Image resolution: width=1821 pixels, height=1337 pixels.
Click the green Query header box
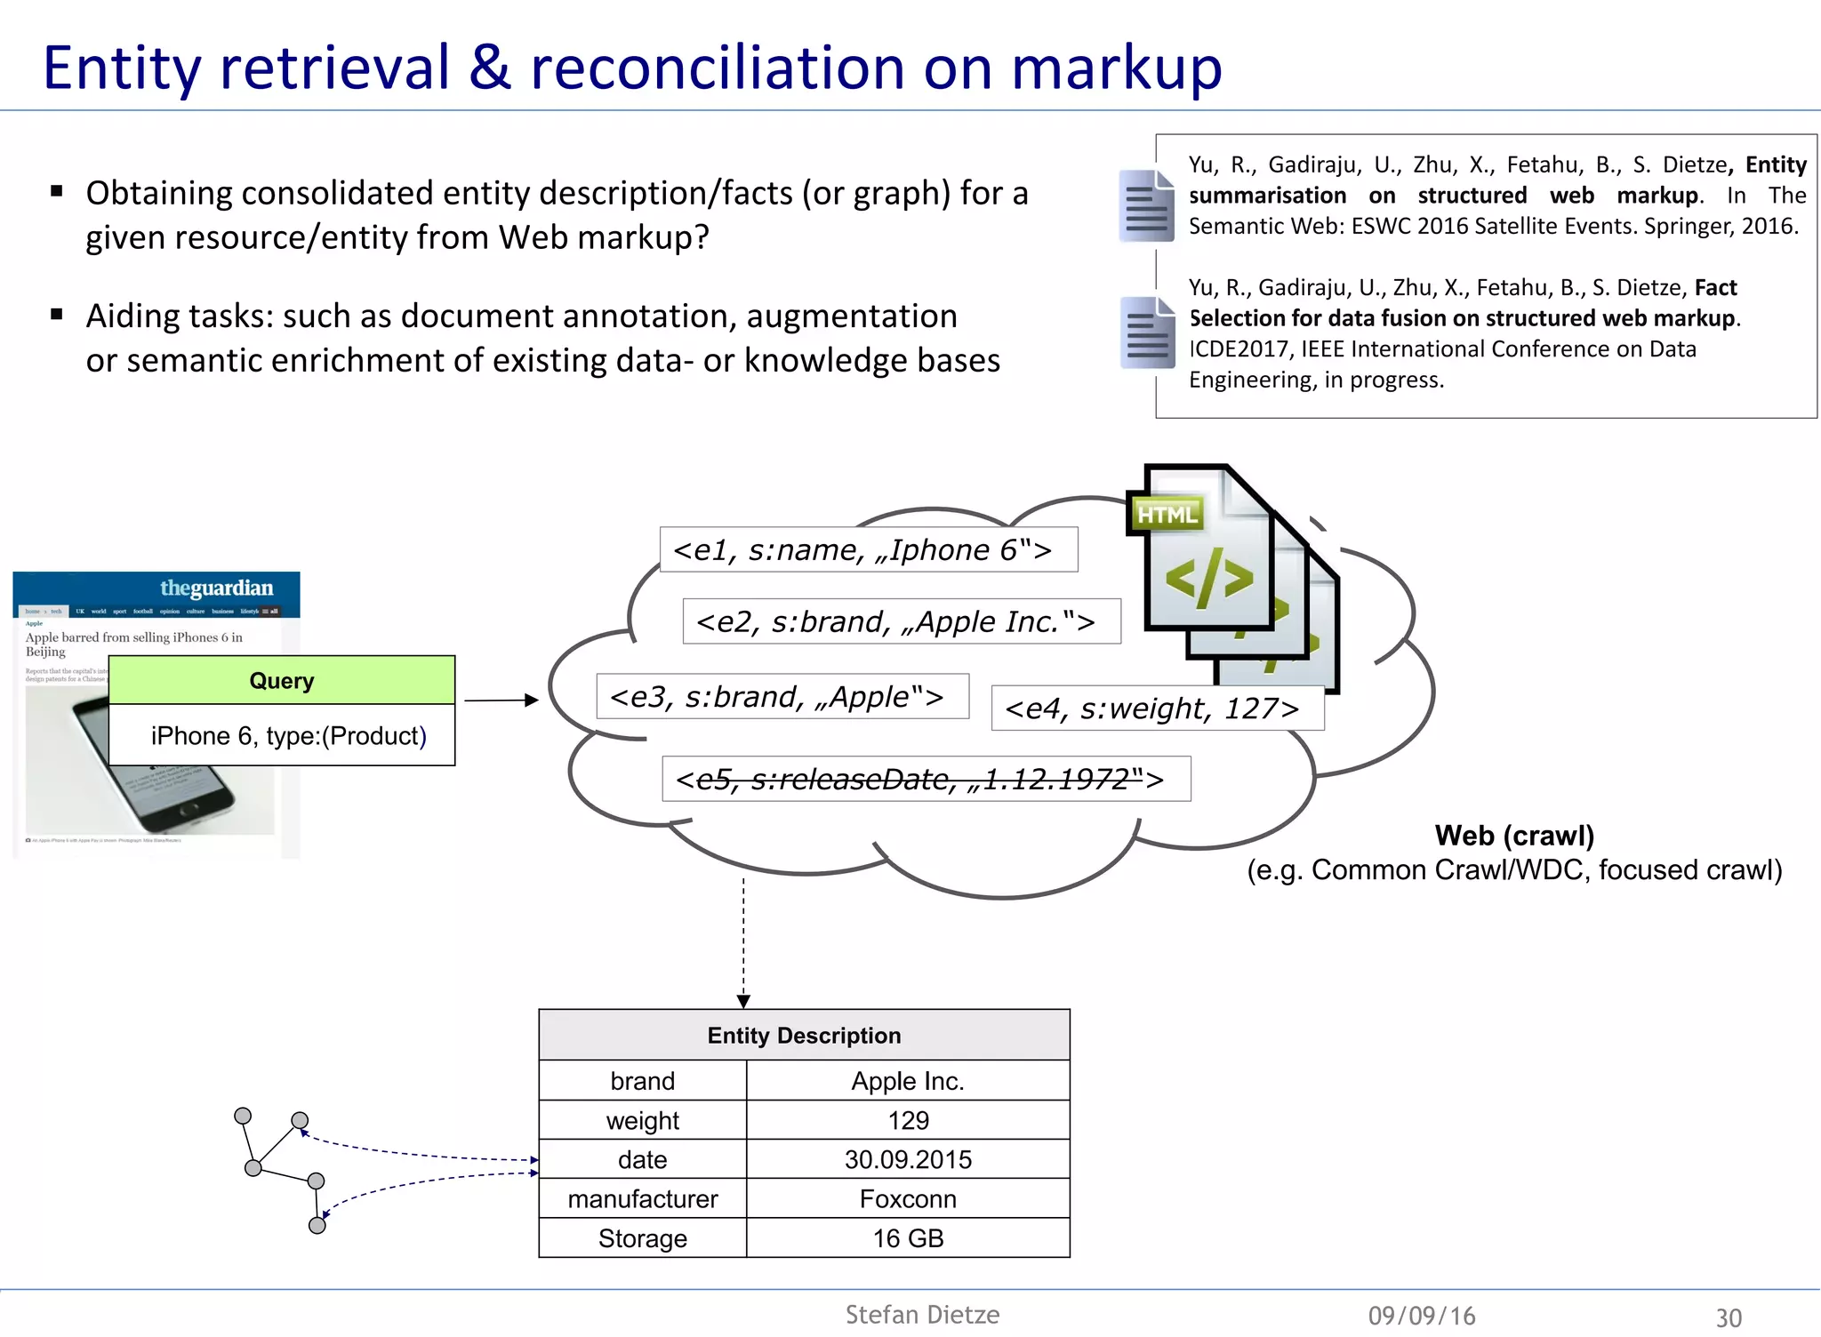(x=281, y=681)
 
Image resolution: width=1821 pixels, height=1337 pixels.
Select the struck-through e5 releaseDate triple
(x=926, y=780)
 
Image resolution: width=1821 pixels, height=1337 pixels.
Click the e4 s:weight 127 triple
(x=1156, y=709)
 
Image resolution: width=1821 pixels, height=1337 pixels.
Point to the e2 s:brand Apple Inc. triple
(x=901, y=621)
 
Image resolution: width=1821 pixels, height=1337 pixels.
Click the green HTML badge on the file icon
(x=1167, y=515)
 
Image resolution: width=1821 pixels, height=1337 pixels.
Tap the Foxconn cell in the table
(x=907, y=1199)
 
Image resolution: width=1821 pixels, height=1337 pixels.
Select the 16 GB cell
(x=907, y=1238)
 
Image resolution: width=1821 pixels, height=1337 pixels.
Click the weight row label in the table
(x=642, y=1121)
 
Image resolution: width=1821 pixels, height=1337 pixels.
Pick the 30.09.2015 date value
(x=907, y=1160)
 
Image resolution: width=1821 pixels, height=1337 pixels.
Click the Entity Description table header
(x=804, y=1036)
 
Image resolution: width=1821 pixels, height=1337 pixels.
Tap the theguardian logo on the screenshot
(x=216, y=588)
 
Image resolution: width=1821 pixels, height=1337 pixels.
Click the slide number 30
(x=1728, y=1317)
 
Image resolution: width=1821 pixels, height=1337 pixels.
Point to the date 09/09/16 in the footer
(x=1421, y=1316)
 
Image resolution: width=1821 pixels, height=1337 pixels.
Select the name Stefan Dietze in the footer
(x=922, y=1315)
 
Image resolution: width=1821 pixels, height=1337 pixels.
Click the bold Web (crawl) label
(x=1513, y=836)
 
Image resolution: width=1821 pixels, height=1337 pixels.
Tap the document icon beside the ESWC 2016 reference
(x=1146, y=206)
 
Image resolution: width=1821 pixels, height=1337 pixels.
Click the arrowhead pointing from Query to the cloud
(x=532, y=701)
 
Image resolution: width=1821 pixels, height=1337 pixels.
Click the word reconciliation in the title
(x=718, y=68)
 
